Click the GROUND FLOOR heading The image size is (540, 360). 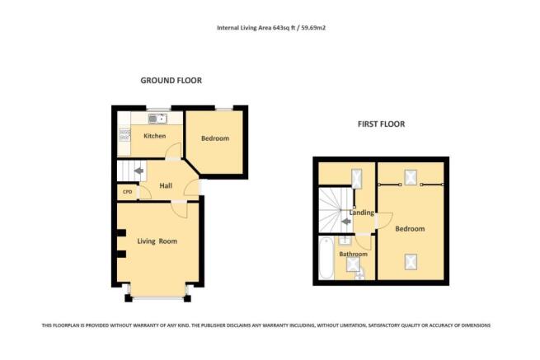click(171, 81)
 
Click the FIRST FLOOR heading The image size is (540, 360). click(381, 124)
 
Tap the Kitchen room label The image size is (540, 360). click(155, 136)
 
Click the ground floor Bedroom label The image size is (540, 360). click(214, 138)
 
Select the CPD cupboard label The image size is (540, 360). click(127, 192)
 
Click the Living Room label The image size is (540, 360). click(157, 241)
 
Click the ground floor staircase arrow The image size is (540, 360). click(139, 172)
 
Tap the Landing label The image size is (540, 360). click(362, 213)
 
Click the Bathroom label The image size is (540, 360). click(355, 255)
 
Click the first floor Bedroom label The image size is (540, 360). click(410, 228)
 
